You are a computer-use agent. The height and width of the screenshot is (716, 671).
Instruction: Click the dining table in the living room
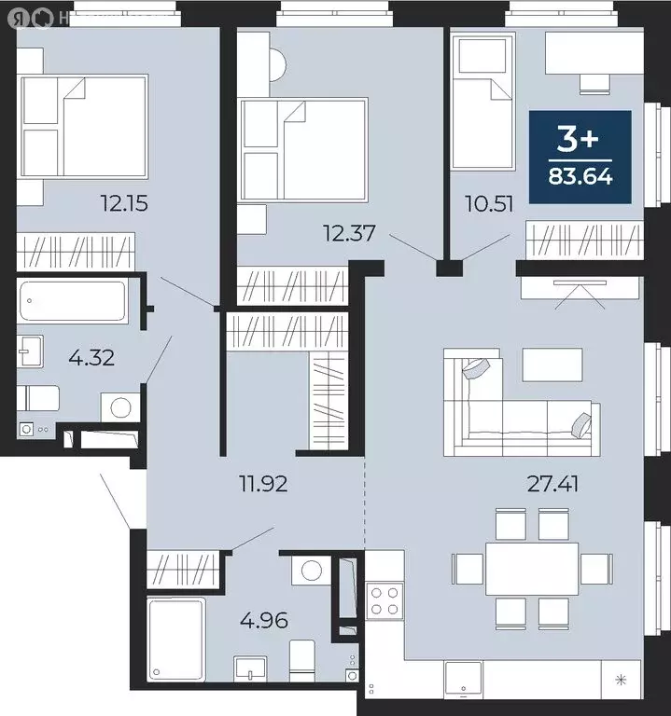point(531,566)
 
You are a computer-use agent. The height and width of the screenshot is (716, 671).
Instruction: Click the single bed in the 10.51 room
point(482,103)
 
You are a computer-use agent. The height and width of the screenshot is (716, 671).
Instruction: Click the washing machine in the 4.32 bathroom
point(120,408)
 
